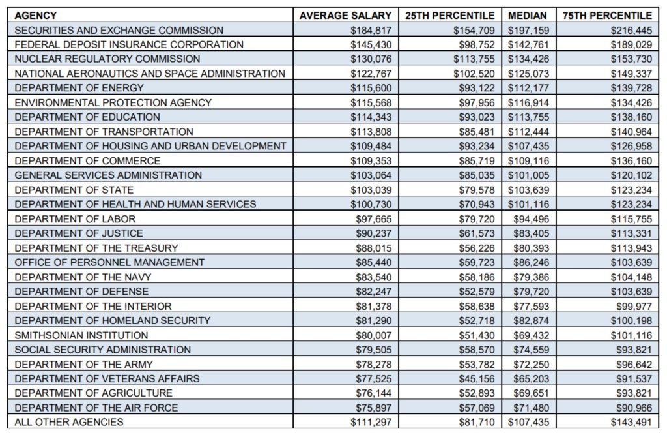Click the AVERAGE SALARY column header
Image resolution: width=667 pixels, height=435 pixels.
tap(345, 15)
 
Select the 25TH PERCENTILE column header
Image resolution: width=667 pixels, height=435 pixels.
tap(450, 15)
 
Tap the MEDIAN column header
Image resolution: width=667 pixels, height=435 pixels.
tap(528, 15)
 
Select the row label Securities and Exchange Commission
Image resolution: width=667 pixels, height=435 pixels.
tap(119, 30)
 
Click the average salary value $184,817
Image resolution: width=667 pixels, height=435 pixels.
tap(371, 30)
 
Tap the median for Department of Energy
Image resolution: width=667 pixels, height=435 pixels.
tap(528, 88)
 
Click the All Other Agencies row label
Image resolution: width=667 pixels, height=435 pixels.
tap(68, 422)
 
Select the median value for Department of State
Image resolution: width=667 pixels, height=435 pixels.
tap(528, 190)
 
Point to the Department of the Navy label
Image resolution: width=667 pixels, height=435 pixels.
tap(83, 277)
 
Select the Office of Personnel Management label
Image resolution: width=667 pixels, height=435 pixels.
tap(109, 262)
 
